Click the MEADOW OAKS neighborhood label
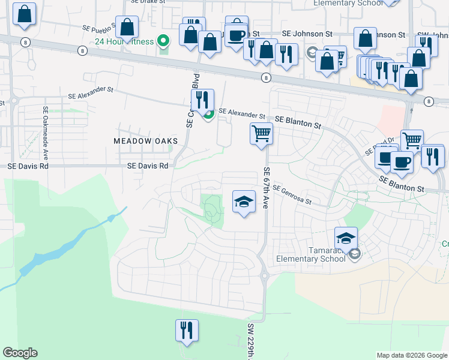pos(146,140)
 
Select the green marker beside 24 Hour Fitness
pos(163,41)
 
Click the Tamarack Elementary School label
pos(310,254)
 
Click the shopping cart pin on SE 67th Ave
pos(261,133)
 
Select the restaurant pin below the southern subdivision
pos(187,330)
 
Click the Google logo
pos(20,353)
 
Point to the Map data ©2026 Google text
pos(412,355)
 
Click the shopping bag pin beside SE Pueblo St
pos(127,27)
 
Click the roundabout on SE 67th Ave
pos(264,276)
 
